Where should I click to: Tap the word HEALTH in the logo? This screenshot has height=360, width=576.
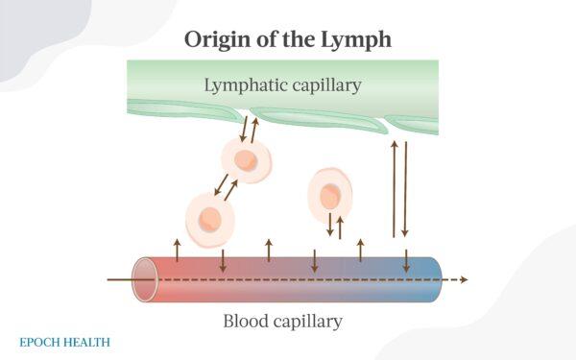point(88,341)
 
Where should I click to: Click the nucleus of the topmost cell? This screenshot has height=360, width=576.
point(246,160)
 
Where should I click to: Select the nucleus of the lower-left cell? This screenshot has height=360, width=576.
point(210,218)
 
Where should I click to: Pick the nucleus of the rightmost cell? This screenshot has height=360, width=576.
point(329,198)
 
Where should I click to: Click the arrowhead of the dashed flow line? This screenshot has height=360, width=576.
point(464,279)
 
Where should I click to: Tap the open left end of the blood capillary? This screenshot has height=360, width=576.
point(145,279)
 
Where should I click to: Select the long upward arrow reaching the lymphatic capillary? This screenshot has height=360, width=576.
point(394,188)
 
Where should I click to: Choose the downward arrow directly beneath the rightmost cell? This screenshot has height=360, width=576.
point(330,227)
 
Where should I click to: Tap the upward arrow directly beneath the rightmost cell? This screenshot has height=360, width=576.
point(340,227)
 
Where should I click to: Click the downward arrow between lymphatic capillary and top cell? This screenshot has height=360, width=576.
point(243,129)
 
